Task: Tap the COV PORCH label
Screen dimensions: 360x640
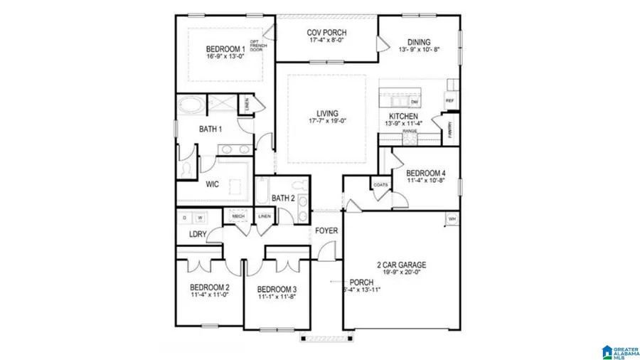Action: point(326,33)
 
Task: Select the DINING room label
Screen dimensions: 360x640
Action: point(420,42)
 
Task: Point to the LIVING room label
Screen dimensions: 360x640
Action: point(327,113)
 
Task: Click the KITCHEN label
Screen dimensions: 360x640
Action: point(403,117)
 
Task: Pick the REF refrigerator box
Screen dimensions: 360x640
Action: point(449,101)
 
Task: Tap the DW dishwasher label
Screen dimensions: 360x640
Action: point(414,102)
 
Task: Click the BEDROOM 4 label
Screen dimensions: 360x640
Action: point(425,173)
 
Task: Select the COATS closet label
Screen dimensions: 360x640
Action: point(380,185)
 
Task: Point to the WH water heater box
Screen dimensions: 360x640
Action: point(451,218)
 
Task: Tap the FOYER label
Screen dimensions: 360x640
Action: point(326,231)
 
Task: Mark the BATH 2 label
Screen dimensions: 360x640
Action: point(282,198)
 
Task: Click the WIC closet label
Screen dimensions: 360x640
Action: point(212,184)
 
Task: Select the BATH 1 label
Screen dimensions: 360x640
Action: point(210,129)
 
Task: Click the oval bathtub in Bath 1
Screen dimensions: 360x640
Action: point(190,107)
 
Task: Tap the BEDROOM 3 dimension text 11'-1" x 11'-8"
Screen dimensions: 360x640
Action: point(277,297)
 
